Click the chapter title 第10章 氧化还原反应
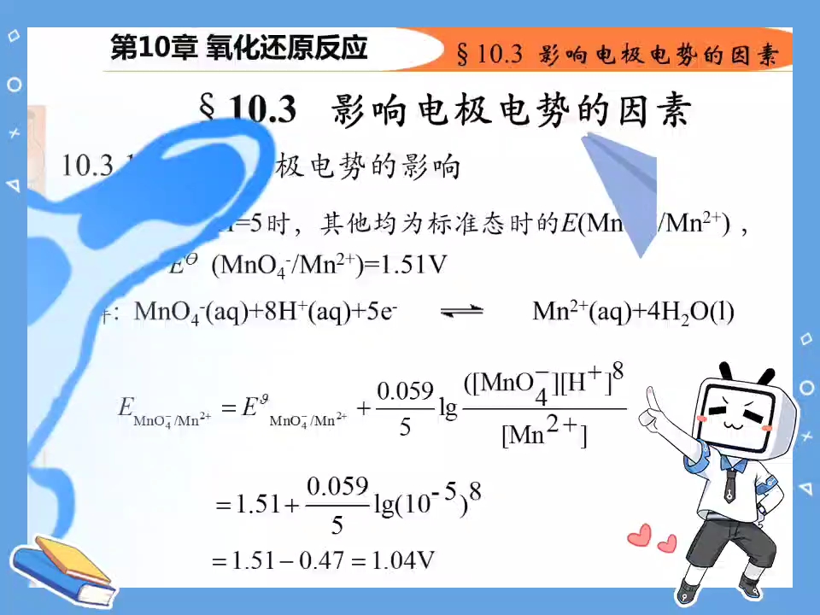239,48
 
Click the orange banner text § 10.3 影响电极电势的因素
618,55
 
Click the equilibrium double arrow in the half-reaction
461,313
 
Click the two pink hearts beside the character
652,540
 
